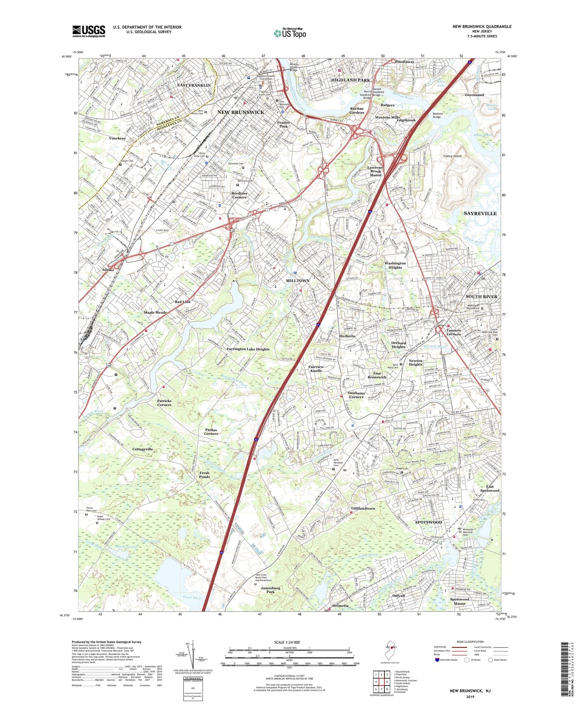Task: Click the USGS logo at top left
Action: point(89,31)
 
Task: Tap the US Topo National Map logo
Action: point(290,33)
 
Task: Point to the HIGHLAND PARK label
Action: point(351,80)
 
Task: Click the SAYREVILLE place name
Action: point(480,213)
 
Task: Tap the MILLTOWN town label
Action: point(298,280)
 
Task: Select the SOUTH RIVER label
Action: point(481,296)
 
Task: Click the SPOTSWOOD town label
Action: point(429,522)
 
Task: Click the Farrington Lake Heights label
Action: point(248,349)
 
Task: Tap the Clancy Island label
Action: point(452,156)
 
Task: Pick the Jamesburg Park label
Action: point(271,590)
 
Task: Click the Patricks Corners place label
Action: point(164,402)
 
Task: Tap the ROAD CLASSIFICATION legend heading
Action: point(470,642)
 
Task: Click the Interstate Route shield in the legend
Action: point(437,660)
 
